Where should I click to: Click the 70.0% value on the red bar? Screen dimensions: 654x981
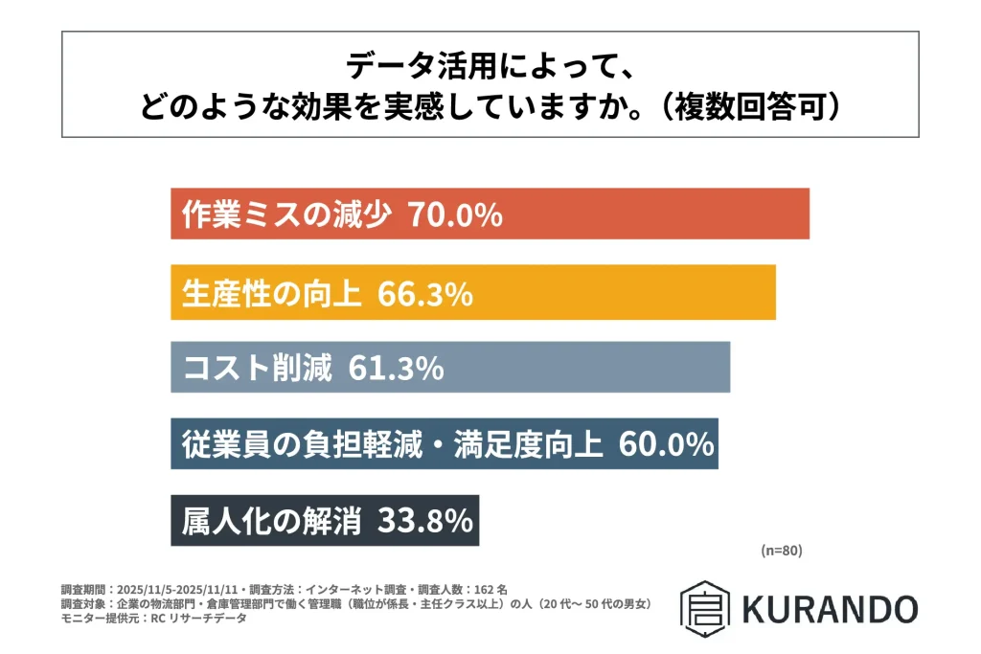[455, 214]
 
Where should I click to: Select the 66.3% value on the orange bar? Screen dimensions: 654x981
[425, 293]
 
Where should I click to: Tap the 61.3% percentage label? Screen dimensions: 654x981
[396, 368]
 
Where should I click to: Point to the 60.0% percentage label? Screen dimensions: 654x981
[666, 444]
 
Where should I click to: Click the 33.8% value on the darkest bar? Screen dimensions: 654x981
[425, 520]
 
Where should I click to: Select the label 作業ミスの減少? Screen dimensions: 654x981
[286, 214]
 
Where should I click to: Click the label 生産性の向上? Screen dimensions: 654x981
[272, 293]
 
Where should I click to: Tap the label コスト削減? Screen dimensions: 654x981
[257, 368]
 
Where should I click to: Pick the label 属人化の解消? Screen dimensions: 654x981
[272, 520]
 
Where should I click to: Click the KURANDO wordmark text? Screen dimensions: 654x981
[830, 608]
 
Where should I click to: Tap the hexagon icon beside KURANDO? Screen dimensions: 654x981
[705, 607]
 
